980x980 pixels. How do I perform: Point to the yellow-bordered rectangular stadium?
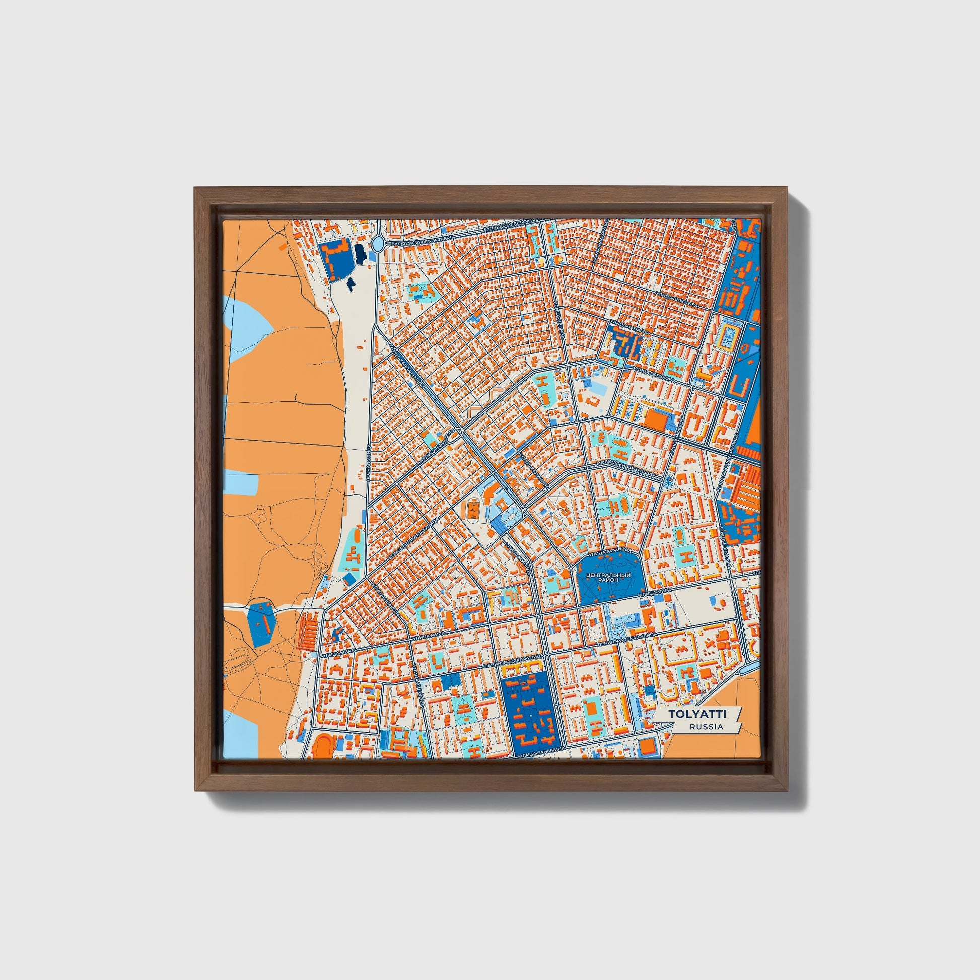(728, 336)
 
